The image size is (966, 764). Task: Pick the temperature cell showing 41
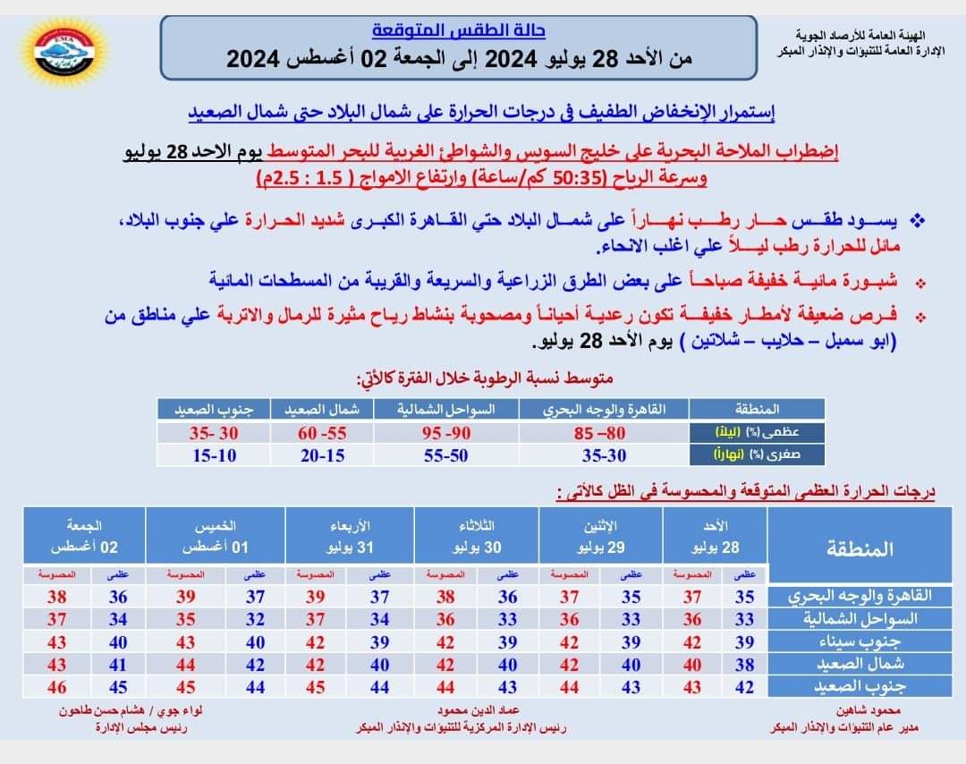pos(118,664)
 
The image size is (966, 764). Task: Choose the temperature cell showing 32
pos(255,618)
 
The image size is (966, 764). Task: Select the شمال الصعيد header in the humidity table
pos(323,411)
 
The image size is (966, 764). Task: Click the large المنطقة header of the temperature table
pos(856,548)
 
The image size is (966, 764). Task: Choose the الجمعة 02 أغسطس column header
pos(84,536)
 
